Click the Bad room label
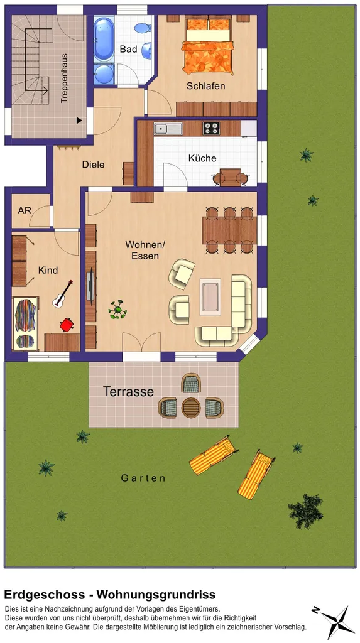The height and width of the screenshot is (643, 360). pos(129,49)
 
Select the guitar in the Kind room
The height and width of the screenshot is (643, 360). pos(63,294)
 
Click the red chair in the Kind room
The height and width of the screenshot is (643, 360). pos(66,325)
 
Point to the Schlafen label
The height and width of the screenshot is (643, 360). pos(205,86)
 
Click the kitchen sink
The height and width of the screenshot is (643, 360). pos(168,129)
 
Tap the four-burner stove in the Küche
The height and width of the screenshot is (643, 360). pos(211,128)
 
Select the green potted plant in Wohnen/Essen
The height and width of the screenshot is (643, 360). pos(118,309)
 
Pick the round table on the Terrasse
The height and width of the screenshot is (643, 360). pos(191,408)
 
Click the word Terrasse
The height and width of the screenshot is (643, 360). pos(129,392)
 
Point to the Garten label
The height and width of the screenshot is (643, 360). pos(143,478)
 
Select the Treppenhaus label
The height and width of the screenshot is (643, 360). pos(63,78)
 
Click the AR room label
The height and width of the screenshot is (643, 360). pos(25,211)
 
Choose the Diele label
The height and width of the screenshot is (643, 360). pos(93,165)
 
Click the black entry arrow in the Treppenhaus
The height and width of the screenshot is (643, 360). pos(79,120)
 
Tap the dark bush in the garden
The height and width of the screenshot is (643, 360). pos(306,511)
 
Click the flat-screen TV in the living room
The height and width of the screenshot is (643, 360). pos(90,286)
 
